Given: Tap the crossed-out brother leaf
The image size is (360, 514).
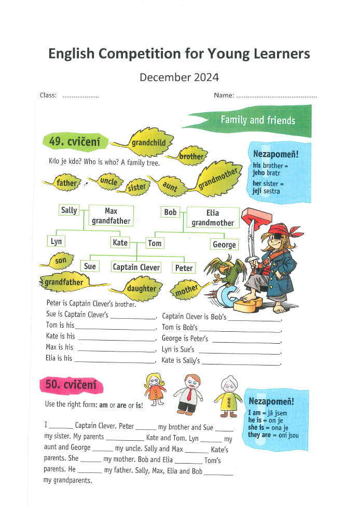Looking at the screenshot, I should [x=190, y=155].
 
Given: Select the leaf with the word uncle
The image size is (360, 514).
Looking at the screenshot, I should [x=108, y=181].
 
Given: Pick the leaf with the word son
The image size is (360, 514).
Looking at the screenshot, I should [x=60, y=261].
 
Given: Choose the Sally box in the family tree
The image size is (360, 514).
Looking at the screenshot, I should [x=69, y=210].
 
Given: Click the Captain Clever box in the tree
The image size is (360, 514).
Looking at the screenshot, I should [x=136, y=267].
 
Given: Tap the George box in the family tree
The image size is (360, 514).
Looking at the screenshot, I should [x=224, y=244].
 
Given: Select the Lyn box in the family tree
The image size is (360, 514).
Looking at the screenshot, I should [x=56, y=241].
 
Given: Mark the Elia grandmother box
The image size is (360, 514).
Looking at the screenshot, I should [x=213, y=218].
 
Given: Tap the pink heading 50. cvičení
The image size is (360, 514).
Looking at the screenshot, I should [x=71, y=385].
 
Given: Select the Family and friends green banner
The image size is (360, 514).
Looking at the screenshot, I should [x=257, y=120].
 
